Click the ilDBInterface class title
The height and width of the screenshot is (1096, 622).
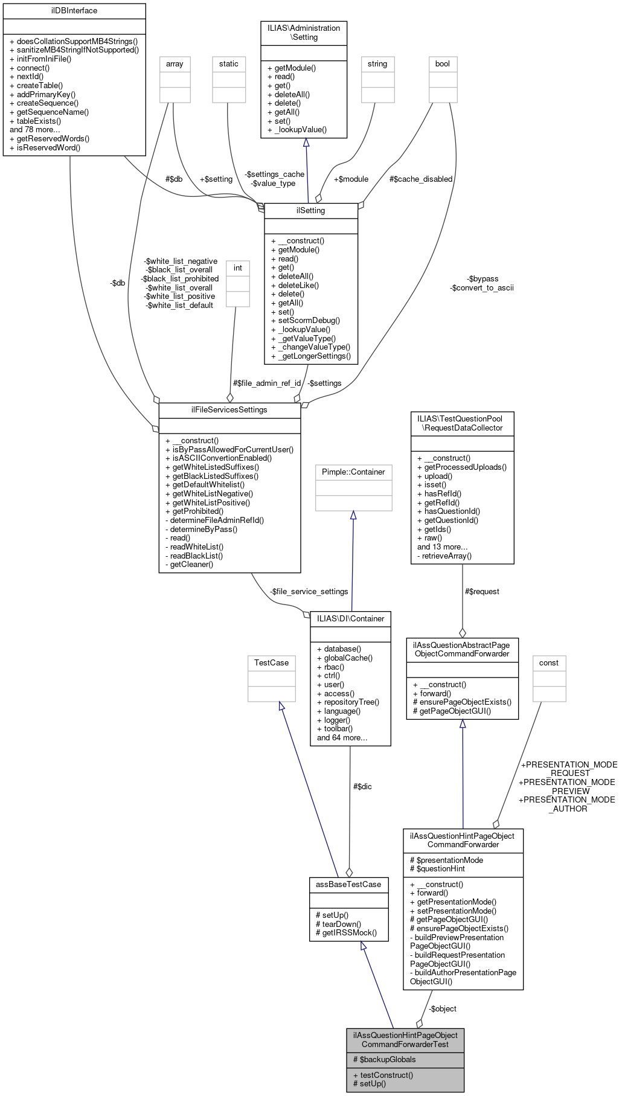click(x=74, y=11)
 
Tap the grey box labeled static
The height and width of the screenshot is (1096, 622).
click(x=229, y=64)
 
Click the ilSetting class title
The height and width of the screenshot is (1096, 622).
click(x=311, y=211)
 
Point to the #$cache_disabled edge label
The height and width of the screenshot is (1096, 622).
click(x=420, y=179)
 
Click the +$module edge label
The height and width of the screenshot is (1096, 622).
click(x=351, y=179)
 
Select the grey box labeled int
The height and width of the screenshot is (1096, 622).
click(x=238, y=268)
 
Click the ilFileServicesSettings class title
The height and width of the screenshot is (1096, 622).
click(x=229, y=410)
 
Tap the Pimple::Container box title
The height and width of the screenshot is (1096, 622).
click(x=353, y=472)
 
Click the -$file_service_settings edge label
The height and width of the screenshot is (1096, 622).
click(x=309, y=591)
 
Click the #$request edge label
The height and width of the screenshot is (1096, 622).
click(x=482, y=591)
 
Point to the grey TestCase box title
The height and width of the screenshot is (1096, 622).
click(x=272, y=663)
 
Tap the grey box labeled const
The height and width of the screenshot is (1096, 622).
click(x=549, y=663)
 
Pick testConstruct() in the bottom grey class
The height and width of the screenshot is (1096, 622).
click(x=386, y=1075)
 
